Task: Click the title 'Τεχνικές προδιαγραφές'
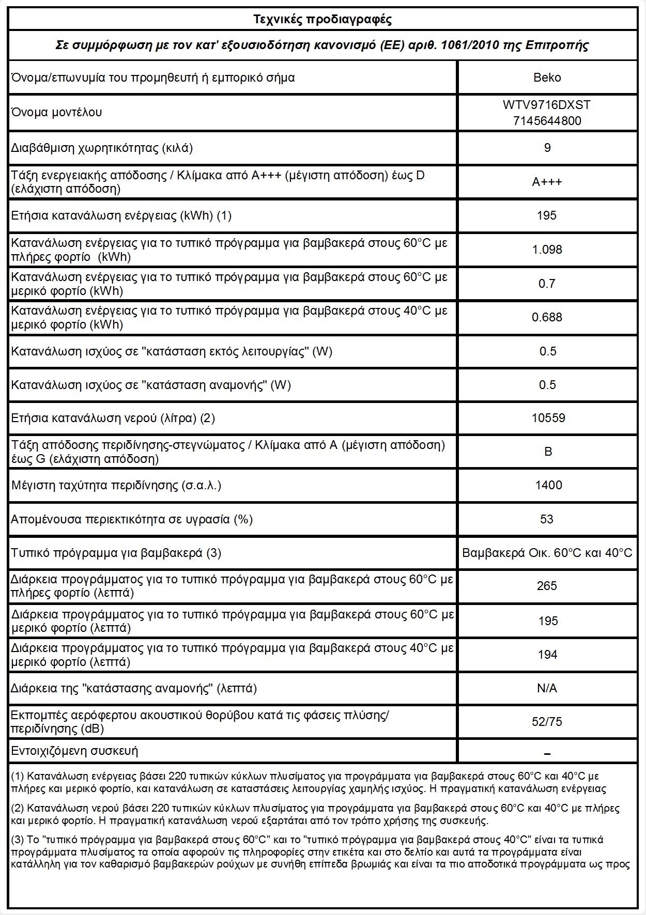[x=322, y=20]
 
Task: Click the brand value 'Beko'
[x=547, y=77]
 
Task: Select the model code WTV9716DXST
[x=547, y=105]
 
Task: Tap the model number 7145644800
[x=547, y=121]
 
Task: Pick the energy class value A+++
[x=547, y=182]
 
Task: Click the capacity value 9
[x=547, y=148]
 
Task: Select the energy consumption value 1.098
[x=547, y=250]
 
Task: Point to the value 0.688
[x=547, y=317]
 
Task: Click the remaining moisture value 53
[x=547, y=519]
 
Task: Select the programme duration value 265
[x=547, y=586]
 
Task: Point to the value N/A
[x=547, y=688]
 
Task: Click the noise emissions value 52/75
[x=547, y=722]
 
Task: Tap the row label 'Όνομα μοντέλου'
[x=57, y=112]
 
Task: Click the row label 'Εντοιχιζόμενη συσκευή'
[x=75, y=751]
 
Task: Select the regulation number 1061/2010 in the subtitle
[x=465, y=45]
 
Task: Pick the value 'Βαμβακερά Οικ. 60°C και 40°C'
[x=547, y=553]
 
